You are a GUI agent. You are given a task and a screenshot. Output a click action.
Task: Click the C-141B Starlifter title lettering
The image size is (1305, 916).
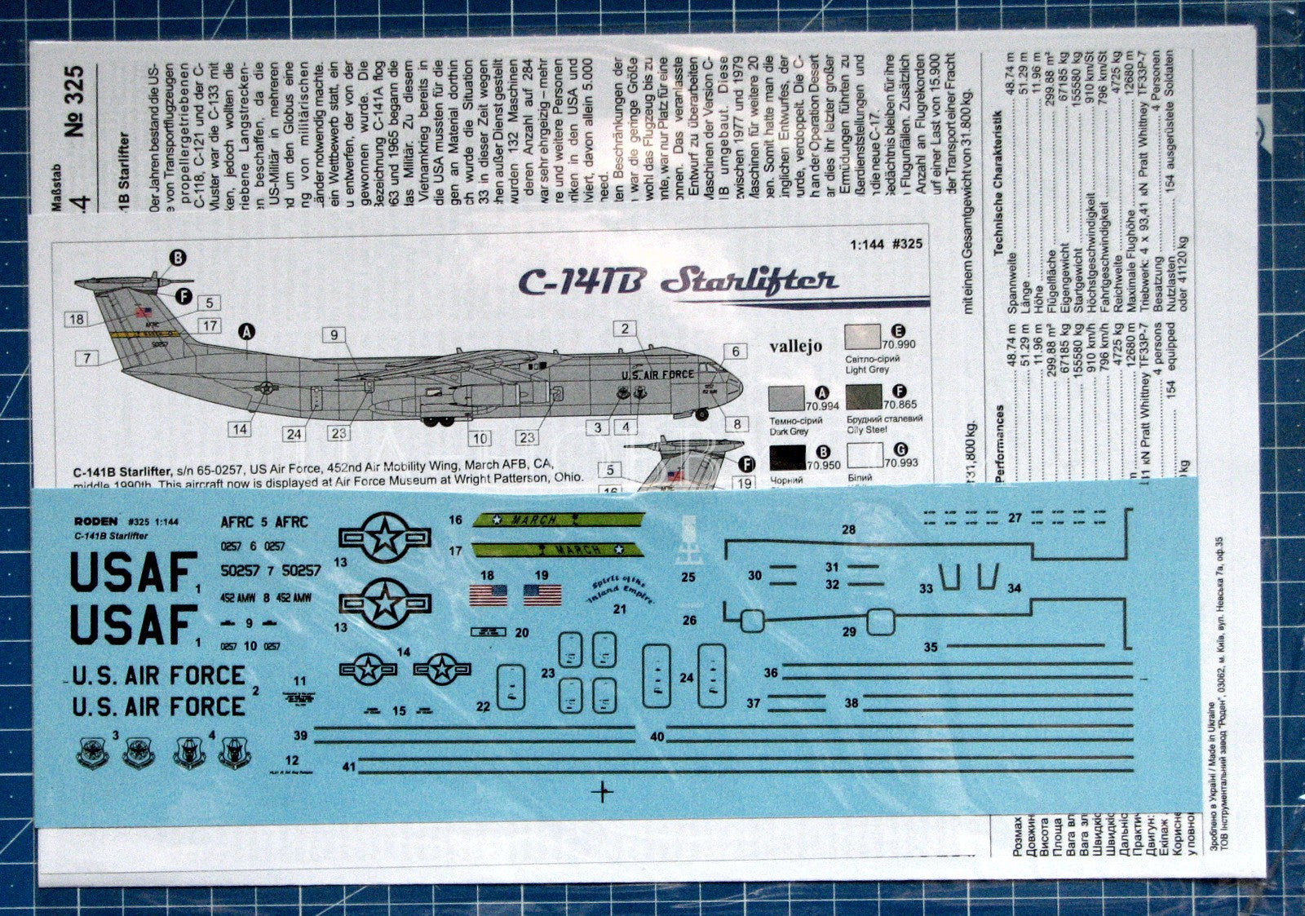point(677,282)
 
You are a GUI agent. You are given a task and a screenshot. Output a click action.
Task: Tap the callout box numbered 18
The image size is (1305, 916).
point(77,319)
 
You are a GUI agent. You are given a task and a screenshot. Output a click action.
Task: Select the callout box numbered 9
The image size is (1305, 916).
point(334,334)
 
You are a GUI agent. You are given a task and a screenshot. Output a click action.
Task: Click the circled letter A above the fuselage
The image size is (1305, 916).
point(246,331)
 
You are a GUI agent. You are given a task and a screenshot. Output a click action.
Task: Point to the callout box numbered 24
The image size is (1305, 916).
point(294,435)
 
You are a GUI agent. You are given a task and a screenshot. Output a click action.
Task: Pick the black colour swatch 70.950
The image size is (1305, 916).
point(787,458)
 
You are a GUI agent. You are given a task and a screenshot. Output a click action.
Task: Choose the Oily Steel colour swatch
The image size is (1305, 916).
point(865,397)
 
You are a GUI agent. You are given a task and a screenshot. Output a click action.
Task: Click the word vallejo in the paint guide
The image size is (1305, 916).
point(795,347)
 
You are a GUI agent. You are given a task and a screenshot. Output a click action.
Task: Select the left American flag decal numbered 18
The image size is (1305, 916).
point(488,595)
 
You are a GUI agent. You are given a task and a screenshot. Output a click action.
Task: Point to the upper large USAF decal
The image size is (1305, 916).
point(134,572)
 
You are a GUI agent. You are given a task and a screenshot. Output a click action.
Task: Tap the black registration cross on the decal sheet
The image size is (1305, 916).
point(603,790)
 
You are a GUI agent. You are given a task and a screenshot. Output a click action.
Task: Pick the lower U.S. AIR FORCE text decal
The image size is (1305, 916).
point(159,706)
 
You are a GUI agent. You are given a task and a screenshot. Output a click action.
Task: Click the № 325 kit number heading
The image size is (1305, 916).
point(74,101)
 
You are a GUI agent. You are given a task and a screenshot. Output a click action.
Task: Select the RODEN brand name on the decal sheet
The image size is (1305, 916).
point(95,521)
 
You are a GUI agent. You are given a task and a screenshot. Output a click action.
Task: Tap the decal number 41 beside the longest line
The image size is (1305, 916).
point(348,767)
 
